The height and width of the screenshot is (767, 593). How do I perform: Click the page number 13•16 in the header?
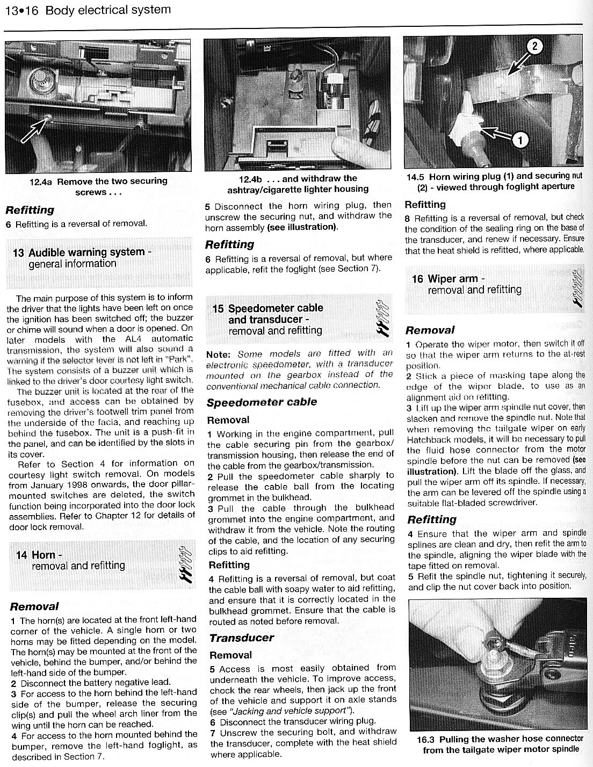click(x=21, y=11)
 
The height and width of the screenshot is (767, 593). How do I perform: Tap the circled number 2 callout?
click(x=534, y=47)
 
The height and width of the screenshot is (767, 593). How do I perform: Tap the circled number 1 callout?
click(x=519, y=140)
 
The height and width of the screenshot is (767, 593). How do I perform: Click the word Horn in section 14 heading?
click(x=44, y=555)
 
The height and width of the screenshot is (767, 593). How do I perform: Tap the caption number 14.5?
click(x=417, y=176)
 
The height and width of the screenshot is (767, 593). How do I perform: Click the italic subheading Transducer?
click(x=242, y=638)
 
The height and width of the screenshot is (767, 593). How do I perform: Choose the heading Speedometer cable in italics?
click(x=262, y=402)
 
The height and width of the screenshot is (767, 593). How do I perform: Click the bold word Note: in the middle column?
click(x=218, y=354)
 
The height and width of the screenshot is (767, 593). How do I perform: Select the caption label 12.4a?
click(x=41, y=182)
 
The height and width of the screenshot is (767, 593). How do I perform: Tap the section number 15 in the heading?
click(x=218, y=308)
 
